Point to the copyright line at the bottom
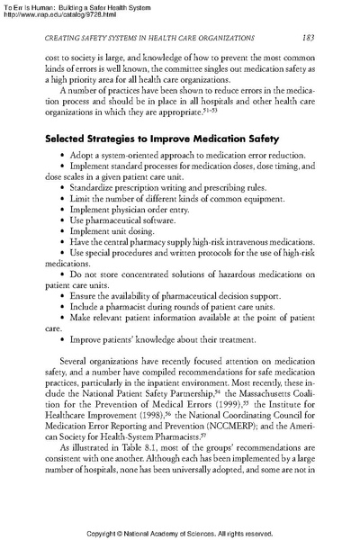[x=180, y=530]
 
